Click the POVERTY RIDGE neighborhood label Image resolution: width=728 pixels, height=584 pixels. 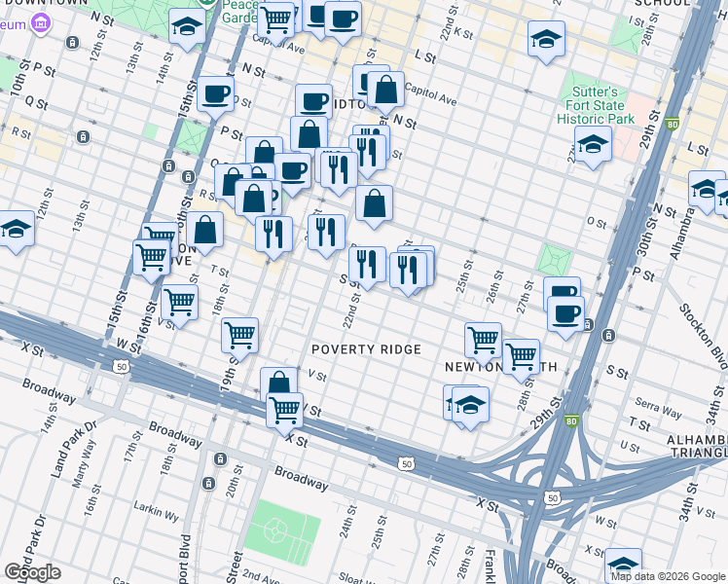point(366,349)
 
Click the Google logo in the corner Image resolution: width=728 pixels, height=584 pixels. point(31,571)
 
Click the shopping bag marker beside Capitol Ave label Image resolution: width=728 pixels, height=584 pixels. point(385,91)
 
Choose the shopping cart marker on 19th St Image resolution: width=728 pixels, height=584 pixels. point(239,336)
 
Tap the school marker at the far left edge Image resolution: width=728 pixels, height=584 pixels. point(15,229)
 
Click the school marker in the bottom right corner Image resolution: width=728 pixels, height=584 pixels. point(623,566)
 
